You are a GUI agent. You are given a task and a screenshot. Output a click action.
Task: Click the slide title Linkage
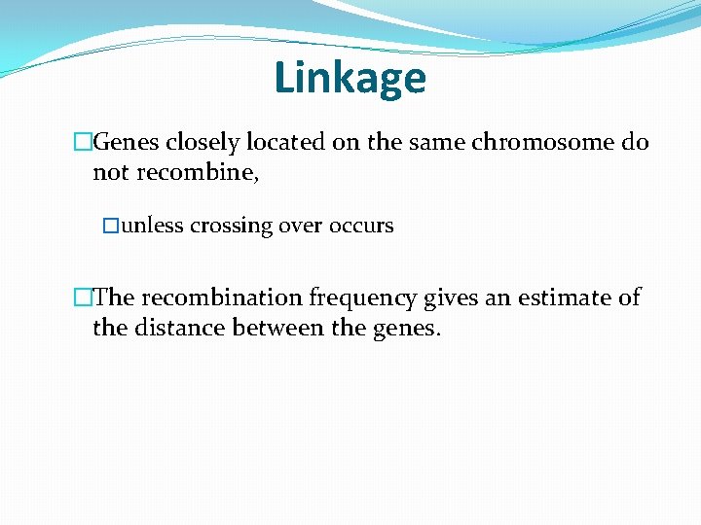350,77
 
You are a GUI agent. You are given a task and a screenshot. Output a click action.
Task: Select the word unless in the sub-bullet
153,226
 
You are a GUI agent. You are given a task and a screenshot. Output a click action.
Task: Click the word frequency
363,297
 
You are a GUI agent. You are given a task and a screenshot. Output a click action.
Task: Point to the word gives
450,297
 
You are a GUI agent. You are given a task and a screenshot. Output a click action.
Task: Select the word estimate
565,297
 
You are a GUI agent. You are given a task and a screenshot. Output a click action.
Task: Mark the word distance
178,328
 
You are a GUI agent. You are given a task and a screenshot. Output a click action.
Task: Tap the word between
278,328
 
